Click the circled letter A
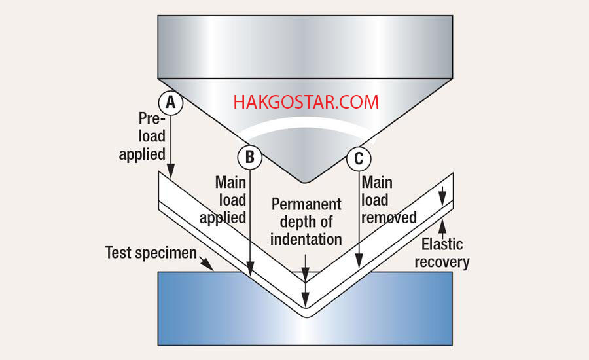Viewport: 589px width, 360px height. [x=170, y=103]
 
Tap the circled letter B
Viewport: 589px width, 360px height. [x=249, y=157]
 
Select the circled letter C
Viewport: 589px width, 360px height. [x=359, y=158]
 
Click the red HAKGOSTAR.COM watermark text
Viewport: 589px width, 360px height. [x=306, y=102]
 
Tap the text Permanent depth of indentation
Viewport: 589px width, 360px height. [x=306, y=221]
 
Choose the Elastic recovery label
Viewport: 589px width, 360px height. [x=446, y=253]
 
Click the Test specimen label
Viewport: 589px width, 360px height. [x=151, y=253]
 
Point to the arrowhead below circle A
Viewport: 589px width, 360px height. [x=170, y=173]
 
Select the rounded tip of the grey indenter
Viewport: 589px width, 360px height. [x=306, y=177]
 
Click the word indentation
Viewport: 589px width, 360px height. [x=306, y=239]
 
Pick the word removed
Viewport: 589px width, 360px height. [x=389, y=217]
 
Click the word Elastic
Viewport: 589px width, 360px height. [x=442, y=245]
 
